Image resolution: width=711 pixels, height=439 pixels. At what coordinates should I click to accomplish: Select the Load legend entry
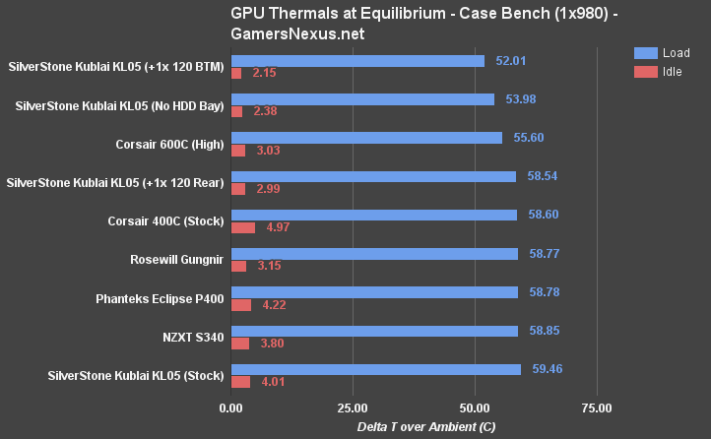[667, 52]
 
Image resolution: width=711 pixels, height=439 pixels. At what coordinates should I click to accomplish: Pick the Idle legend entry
[665, 71]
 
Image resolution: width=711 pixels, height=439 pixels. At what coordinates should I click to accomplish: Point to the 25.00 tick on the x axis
[352, 408]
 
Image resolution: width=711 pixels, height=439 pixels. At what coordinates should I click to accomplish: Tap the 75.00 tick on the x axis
[596, 408]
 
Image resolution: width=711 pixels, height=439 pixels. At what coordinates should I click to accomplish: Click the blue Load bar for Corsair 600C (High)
[366, 138]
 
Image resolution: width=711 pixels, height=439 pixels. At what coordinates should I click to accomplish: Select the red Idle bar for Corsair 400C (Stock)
[242, 227]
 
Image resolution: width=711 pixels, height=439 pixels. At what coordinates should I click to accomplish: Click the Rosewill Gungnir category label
[177, 259]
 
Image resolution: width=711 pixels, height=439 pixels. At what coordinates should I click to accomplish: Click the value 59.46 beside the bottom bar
[545, 369]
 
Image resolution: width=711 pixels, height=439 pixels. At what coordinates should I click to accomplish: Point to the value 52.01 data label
[508, 61]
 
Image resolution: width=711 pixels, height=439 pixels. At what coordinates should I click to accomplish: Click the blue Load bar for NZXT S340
[374, 331]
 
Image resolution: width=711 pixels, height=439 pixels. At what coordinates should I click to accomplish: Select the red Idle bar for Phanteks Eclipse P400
[240, 304]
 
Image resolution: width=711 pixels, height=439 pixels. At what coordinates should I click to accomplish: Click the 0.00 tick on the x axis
[230, 408]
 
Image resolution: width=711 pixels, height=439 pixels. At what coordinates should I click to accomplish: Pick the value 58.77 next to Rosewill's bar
[542, 254]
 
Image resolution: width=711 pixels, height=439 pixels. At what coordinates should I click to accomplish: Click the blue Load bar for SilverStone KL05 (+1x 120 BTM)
[357, 61]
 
